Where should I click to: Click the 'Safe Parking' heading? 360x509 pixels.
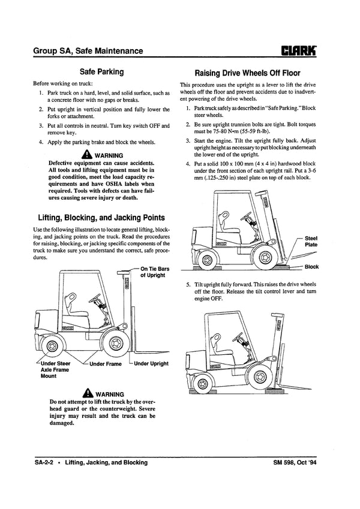tap(101, 72)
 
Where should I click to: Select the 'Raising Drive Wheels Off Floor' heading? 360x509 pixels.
tap(252, 72)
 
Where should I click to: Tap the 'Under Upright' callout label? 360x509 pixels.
tap(151, 364)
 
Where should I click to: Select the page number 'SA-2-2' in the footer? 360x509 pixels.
tap(46, 464)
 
